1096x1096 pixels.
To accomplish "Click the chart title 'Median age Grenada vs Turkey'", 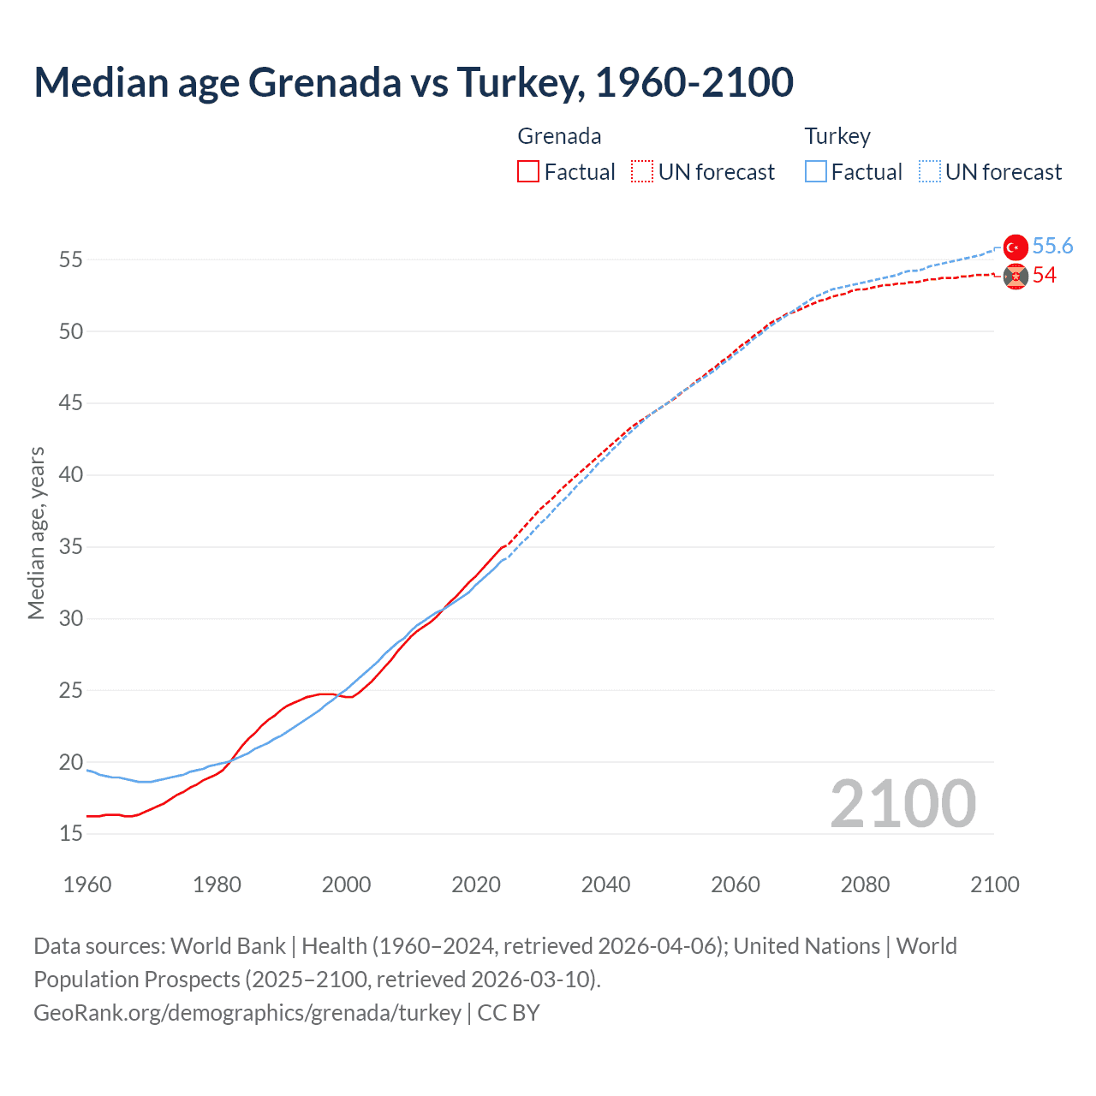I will (414, 82).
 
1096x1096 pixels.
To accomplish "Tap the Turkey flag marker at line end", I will (1015, 247).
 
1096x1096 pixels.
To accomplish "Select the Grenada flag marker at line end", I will (1015, 276).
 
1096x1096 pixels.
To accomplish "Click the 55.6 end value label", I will (1052, 247).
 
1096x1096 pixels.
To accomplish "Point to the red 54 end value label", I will (1044, 276).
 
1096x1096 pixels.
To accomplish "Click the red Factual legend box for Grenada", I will (528, 172).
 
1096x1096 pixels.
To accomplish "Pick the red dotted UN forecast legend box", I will (642, 172).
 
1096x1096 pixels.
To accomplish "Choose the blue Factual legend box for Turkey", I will (815, 172).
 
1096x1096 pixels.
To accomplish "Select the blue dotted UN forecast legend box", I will (929, 172).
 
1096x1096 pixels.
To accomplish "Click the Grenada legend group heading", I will (559, 136).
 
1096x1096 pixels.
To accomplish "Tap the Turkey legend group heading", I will (837, 136).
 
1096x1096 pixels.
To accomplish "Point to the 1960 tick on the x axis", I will (87, 885).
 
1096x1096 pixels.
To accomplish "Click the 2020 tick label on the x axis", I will (476, 885).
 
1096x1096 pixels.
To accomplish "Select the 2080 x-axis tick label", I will (865, 885).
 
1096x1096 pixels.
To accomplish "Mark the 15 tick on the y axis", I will (71, 834).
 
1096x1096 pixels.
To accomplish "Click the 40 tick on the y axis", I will (71, 475).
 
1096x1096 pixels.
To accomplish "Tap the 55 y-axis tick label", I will (71, 259).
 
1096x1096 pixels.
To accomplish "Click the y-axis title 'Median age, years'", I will (36, 533).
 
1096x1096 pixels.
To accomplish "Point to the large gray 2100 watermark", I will (902, 803).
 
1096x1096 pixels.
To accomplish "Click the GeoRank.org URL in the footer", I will (247, 1013).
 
